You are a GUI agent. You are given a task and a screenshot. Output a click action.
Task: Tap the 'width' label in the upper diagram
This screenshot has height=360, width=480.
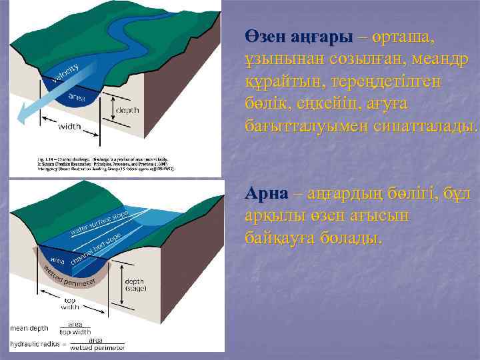tap(69, 125)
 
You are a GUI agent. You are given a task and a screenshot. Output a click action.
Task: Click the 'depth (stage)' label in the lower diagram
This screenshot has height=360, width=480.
tap(134, 285)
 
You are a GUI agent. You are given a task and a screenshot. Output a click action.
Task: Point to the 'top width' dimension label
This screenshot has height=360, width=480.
tap(70, 305)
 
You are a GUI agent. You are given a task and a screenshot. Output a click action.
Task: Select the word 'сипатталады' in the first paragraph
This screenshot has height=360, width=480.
tap(421, 125)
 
